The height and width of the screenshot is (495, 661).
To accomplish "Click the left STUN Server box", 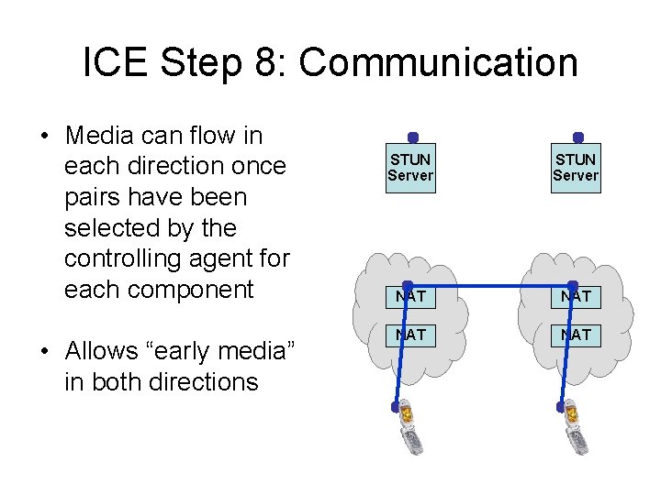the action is click(x=410, y=167).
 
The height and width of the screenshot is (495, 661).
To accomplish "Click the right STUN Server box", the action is click(x=576, y=167).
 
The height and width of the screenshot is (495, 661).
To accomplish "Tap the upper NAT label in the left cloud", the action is click(x=410, y=297).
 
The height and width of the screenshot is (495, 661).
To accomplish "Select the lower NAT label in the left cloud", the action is click(x=410, y=335).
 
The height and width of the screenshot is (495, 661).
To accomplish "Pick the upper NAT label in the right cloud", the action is click(x=576, y=297).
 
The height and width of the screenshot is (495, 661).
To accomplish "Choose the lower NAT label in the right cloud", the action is click(x=576, y=335).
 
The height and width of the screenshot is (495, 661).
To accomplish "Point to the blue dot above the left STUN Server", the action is click(x=413, y=137).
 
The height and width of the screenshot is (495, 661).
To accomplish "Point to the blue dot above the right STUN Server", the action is click(x=577, y=137).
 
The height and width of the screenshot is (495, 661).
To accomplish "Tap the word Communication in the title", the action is click(x=439, y=63).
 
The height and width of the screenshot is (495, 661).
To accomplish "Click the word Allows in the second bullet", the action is click(x=104, y=351).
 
